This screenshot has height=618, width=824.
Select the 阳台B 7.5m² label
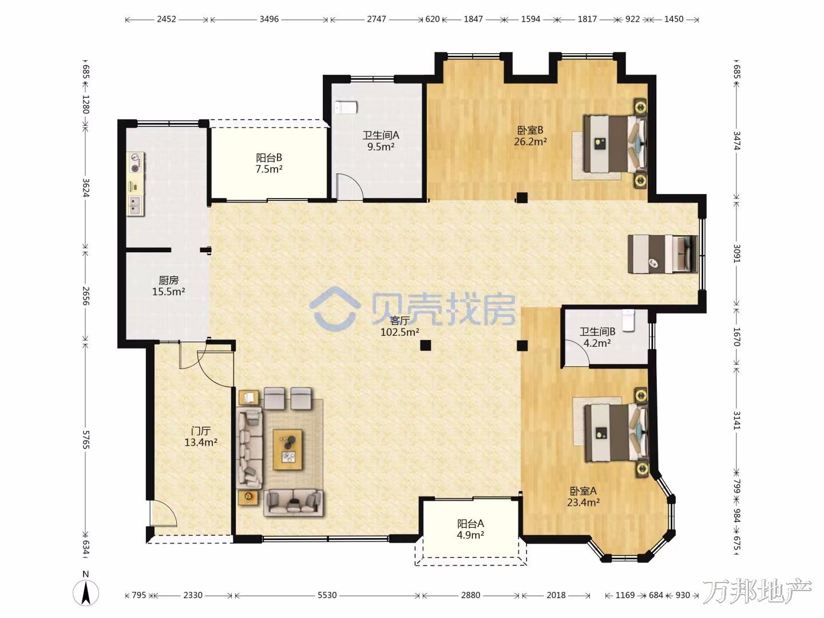point(269,163)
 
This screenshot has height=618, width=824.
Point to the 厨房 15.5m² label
point(169,286)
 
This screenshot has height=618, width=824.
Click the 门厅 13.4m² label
point(201,437)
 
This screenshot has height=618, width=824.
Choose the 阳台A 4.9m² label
point(470,529)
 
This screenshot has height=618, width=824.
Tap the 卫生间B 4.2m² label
point(597,337)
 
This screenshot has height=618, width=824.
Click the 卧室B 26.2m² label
point(530,136)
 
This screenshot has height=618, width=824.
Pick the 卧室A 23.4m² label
point(583,497)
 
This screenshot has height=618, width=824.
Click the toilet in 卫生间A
point(346,108)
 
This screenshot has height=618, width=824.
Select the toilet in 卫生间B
point(628,320)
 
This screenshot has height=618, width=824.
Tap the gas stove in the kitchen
point(136,163)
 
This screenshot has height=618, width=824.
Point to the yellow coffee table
point(288,450)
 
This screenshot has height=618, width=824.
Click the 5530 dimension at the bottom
point(327,595)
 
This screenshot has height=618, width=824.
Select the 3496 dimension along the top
point(269,19)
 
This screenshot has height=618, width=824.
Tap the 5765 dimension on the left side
point(86,440)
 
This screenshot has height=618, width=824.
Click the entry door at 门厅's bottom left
point(163,514)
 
